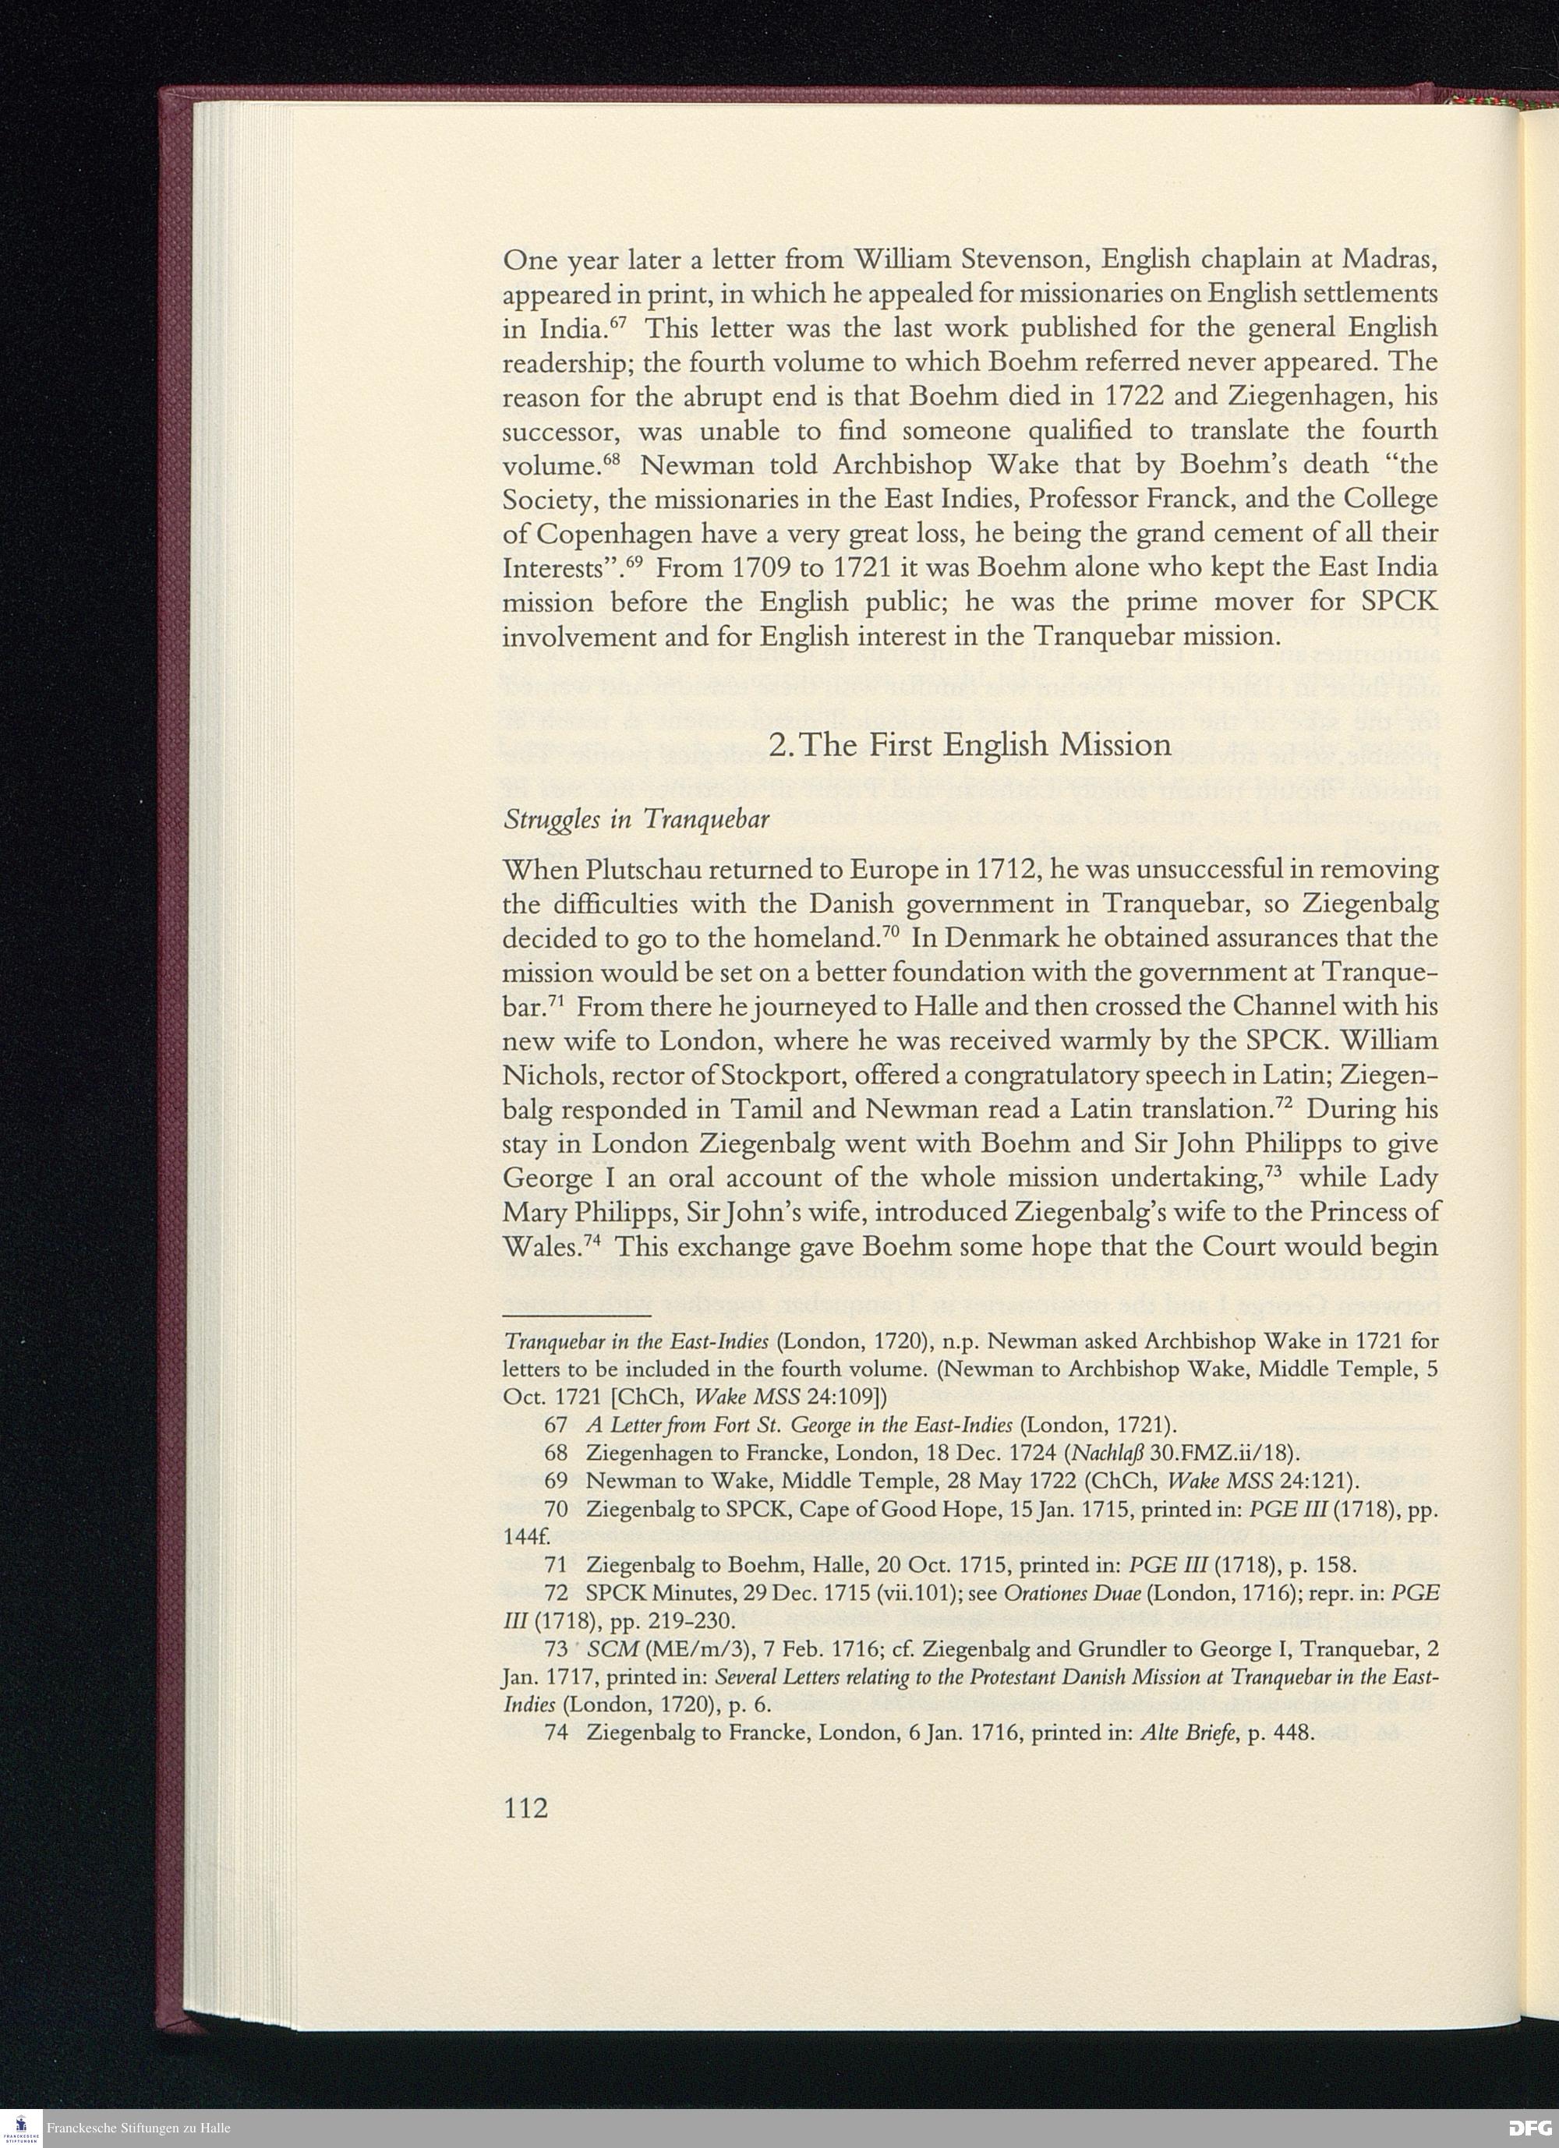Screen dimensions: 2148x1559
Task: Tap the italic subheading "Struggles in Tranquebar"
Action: click(635, 819)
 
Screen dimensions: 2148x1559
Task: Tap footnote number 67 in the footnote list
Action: click(556, 1425)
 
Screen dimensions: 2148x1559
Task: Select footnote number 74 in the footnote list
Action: click(556, 1733)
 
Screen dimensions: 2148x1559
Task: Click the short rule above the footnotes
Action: click(577, 1316)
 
